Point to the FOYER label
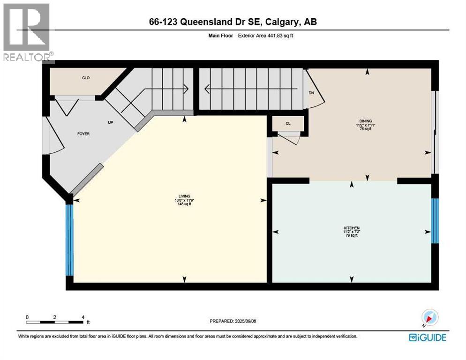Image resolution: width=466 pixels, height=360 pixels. (83, 134)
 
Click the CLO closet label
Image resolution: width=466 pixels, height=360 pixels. (86, 78)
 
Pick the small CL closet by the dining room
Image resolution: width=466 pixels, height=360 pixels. (288, 123)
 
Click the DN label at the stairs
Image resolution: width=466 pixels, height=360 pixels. (311, 93)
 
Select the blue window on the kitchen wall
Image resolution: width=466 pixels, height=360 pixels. (435, 221)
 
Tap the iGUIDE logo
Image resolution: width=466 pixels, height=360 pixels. (427, 337)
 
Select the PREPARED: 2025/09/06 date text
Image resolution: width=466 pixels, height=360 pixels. (233, 321)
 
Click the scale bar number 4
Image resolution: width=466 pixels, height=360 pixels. (83, 317)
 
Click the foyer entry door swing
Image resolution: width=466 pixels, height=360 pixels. (54, 136)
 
